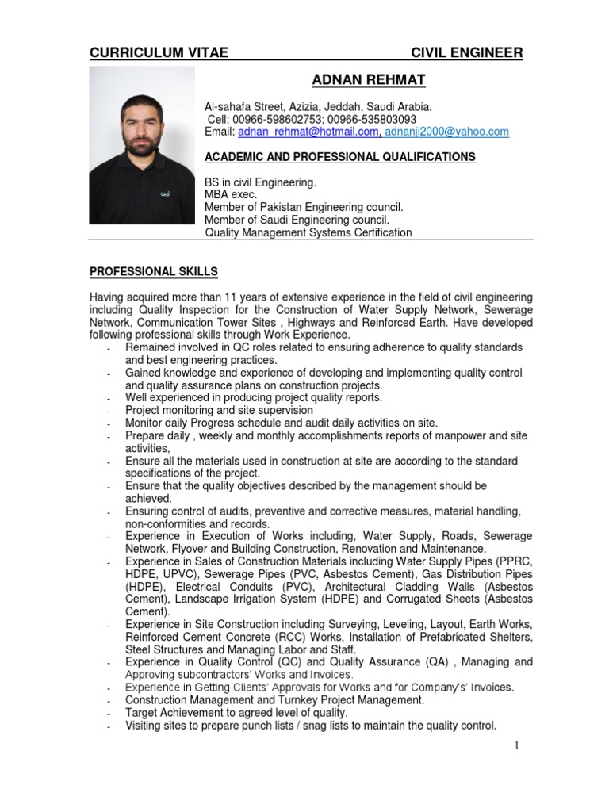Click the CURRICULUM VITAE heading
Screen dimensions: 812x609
pyautogui.click(x=159, y=53)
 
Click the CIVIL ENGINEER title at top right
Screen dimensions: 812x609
pyautogui.click(x=466, y=53)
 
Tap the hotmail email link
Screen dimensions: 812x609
pyautogui.click(x=308, y=132)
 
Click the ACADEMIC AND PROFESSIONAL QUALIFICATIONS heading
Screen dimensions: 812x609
pyautogui.click(x=340, y=157)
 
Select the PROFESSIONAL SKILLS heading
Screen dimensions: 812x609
pyautogui.click(x=153, y=272)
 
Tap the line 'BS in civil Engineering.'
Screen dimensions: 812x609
pyautogui.click(x=260, y=182)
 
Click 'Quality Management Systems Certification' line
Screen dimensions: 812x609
pyautogui.click(x=308, y=232)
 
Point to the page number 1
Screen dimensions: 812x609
pyautogui.click(x=515, y=746)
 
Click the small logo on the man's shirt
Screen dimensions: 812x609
pyautogui.click(x=164, y=192)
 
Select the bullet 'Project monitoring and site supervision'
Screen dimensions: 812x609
pyautogui.click(x=219, y=410)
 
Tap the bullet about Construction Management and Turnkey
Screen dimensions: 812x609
pyautogui.click(x=274, y=700)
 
